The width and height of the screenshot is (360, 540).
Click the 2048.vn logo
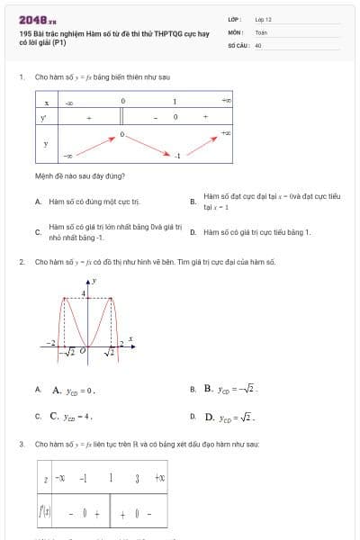(x=37, y=19)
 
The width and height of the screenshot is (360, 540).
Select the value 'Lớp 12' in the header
(x=263, y=19)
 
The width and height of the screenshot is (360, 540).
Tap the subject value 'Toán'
(x=260, y=31)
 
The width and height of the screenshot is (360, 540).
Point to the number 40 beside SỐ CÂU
(x=258, y=44)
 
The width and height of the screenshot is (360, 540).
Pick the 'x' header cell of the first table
(x=46, y=103)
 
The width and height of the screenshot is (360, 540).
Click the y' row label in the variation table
(x=46, y=118)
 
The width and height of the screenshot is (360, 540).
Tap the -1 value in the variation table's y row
(x=178, y=156)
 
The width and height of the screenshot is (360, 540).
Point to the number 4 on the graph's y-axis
(x=85, y=293)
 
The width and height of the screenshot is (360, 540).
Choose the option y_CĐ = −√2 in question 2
(x=232, y=390)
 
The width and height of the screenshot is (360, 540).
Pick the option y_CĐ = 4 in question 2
(x=74, y=418)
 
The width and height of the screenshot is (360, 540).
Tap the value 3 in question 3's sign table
(x=135, y=477)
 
